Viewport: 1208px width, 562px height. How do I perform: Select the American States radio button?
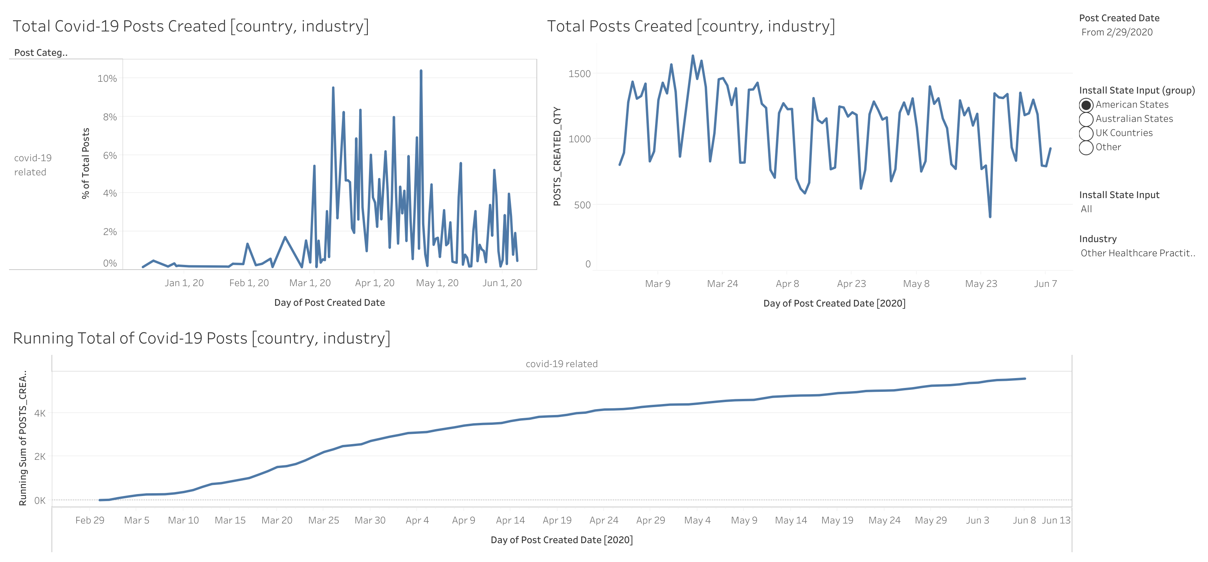pos(1086,105)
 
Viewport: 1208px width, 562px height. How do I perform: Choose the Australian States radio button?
pos(1086,119)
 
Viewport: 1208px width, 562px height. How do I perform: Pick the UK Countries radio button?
pos(1086,133)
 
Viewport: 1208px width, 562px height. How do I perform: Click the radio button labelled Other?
pos(1086,147)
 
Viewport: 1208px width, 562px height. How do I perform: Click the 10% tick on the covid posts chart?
pos(107,78)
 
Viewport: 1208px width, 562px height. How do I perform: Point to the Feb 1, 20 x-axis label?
pos(249,283)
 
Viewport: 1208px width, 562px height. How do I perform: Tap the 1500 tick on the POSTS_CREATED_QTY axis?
pos(579,73)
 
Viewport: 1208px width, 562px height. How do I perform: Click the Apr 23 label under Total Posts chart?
pos(851,283)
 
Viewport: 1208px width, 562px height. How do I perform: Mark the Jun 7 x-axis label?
pos(1045,283)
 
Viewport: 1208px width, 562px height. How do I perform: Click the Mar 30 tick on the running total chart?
pos(370,520)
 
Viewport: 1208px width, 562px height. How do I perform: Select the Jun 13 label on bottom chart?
pos(1056,520)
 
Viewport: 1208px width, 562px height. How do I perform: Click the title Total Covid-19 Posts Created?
pos(190,26)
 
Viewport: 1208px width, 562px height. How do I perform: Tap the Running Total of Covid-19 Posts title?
pos(201,338)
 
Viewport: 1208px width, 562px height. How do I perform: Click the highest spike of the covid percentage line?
pos(420,71)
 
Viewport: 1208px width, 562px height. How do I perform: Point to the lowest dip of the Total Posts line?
pos(990,216)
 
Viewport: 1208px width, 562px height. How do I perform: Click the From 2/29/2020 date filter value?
pos(1116,32)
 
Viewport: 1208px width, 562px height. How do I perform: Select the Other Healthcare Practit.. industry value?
pos(1138,253)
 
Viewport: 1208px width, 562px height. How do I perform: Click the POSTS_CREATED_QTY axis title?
pos(557,156)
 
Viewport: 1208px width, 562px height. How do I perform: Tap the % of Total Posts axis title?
pos(85,163)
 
